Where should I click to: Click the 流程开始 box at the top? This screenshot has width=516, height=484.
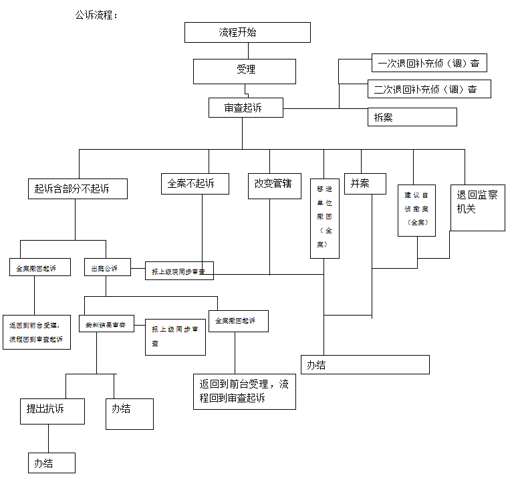click(247, 32)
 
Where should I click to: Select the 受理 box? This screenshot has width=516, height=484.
click(245, 70)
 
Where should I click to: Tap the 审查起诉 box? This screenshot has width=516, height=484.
click(245, 107)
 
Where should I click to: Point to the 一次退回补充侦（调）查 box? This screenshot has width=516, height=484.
click(429, 64)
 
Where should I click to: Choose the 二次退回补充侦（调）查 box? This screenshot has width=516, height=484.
click(429, 89)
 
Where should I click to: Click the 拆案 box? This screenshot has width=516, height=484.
click(412, 117)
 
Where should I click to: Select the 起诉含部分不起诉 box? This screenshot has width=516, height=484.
click(77, 189)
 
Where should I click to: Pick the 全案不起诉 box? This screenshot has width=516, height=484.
click(195, 183)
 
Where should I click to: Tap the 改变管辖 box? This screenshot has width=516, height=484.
click(273, 183)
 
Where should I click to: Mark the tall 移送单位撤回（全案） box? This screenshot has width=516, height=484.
click(325, 217)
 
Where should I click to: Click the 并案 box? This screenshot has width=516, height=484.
click(365, 183)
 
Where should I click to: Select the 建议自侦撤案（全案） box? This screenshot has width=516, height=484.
click(416, 210)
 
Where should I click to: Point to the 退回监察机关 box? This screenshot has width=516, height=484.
click(477, 207)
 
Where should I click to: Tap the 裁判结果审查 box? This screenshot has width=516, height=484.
click(106, 324)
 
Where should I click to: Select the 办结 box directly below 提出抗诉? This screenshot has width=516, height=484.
click(47, 463)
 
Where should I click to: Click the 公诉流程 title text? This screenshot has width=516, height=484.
click(97, 15)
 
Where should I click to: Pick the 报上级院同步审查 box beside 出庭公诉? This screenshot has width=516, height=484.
click(179, 271)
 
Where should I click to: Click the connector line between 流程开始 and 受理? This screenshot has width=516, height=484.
click(248, 51)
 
